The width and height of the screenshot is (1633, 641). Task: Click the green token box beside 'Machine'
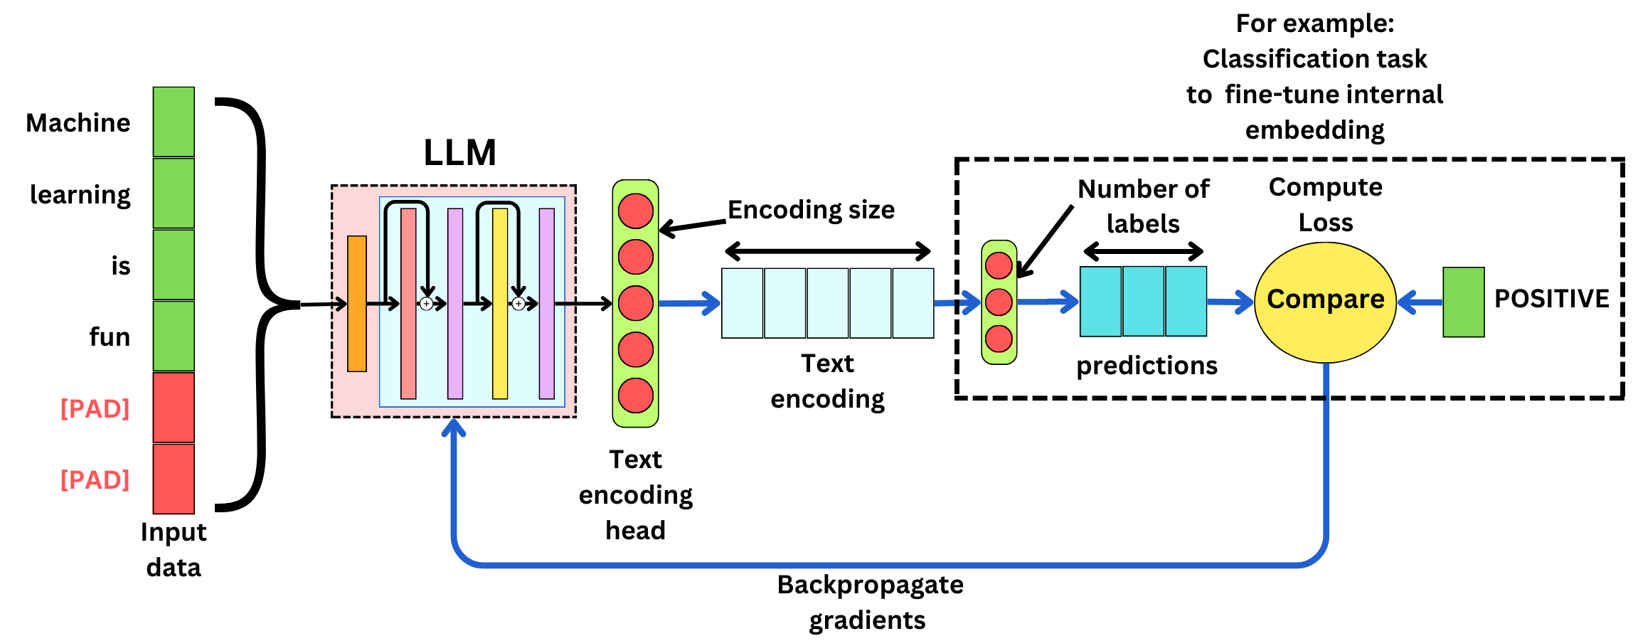click(174, 122)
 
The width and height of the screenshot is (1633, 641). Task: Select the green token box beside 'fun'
click(174, 336)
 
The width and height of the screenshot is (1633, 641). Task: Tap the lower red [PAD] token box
click(174, 479)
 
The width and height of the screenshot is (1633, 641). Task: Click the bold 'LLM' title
click(459, 153)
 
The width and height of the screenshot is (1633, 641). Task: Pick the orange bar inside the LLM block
click(357, 304)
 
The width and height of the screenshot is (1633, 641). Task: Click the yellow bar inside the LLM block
click(500, 304)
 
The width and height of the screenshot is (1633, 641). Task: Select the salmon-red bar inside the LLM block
click(408, 304)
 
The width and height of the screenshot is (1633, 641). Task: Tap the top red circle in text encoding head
click(635, 211)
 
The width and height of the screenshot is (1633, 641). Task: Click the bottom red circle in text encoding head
click(635, 396)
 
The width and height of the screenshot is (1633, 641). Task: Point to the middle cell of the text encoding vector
click(827, 303)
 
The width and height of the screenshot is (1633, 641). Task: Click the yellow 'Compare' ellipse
click(1325, 302)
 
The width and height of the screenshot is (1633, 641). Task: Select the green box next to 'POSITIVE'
click(1463, 302)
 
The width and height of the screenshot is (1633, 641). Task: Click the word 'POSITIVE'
click(1551, 299)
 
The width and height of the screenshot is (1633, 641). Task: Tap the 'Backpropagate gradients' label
click(869, 602)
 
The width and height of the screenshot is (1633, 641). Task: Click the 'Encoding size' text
click(811, 210)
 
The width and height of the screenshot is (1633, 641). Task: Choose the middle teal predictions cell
click(1143, 301)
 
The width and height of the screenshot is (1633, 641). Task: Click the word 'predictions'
click(1147, 366)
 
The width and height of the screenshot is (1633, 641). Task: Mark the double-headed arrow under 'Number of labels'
click(1143, 251)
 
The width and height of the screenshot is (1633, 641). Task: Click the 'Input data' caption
click(174, 549)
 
